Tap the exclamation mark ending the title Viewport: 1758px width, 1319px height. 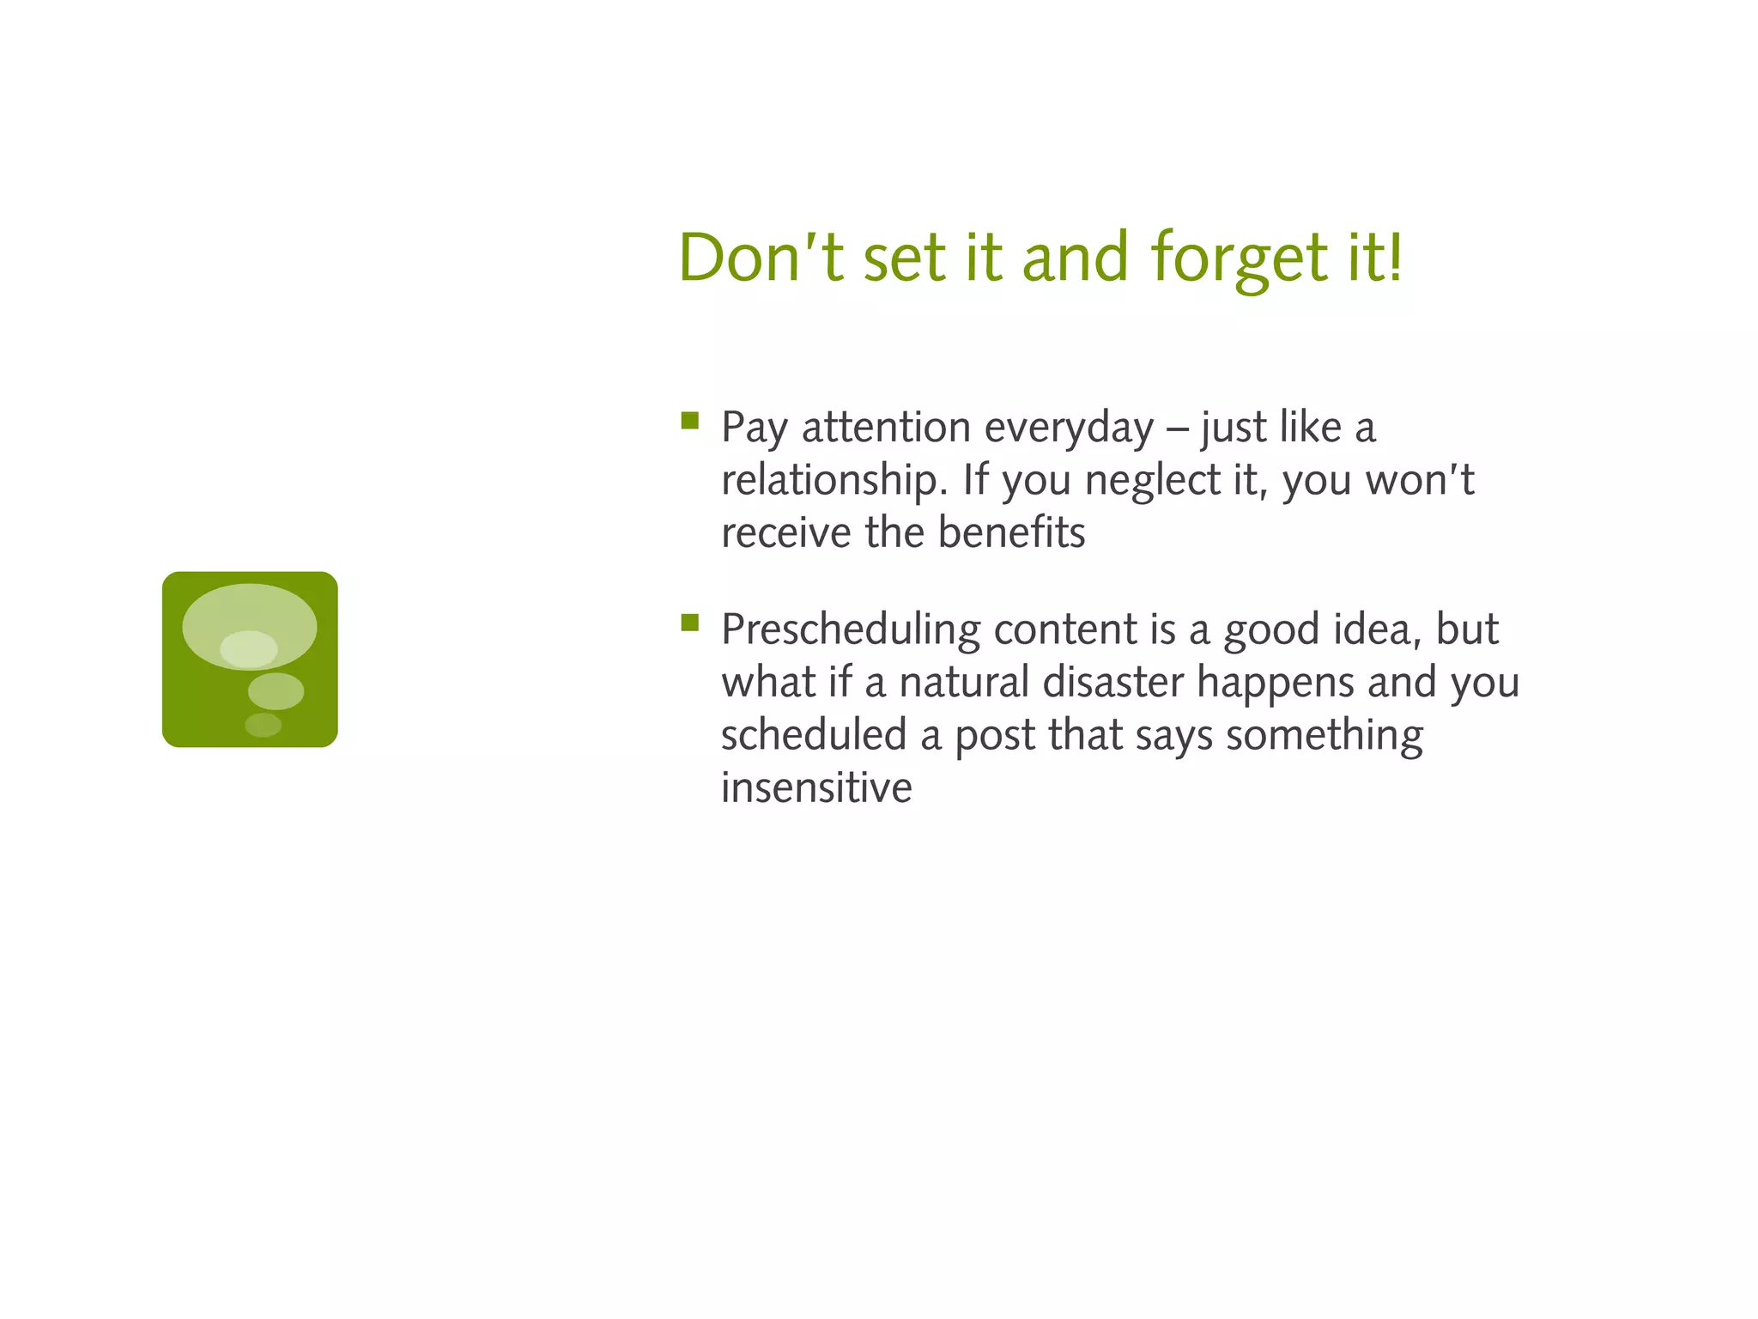tap(1395, 255)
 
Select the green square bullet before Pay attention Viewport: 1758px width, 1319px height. tap(689, 420)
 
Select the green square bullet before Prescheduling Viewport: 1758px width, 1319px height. tap(689, 622)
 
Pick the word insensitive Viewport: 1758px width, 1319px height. tap(815, 787)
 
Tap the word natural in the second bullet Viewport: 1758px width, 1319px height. tap(963, 683)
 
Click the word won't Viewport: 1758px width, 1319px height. tap(1420, 480)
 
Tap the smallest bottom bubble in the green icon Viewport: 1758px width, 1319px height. tap(263, 725)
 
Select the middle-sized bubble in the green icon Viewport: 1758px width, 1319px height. tap(276, 690)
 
